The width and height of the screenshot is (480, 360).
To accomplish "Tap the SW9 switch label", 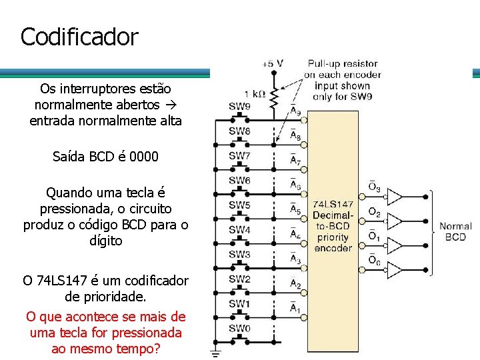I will tap(240, 106).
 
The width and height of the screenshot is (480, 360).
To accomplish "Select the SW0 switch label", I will tap(240, 328).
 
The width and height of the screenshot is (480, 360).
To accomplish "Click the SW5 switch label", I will tap(240, 205).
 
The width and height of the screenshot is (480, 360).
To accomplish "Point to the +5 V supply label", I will tap(272, 64).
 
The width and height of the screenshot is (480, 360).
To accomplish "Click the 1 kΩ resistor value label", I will tap(256, 94).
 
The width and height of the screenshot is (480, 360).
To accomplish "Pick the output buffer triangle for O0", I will tap(395, 269).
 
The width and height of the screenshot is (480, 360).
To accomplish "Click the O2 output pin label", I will tap(374, 213).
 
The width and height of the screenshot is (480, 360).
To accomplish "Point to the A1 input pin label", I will tap(295, 308).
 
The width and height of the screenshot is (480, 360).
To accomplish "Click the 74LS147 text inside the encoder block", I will tap(333, 204).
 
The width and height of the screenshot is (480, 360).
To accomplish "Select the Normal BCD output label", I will tap(455, 231).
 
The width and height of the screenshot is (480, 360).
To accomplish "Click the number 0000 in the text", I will tap(144, 157).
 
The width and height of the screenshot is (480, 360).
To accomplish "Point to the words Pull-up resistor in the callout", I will tap(343, 64).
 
